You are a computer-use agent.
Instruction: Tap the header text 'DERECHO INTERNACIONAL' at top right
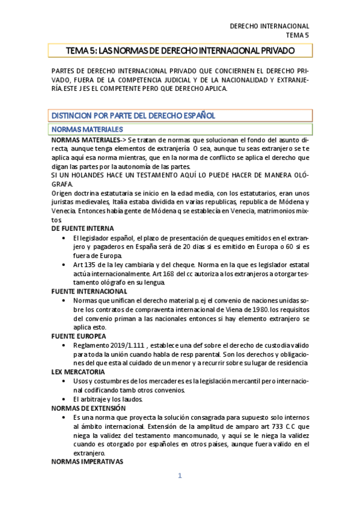click(269, 26)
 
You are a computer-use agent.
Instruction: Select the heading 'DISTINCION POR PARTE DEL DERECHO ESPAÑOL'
click(133, 115)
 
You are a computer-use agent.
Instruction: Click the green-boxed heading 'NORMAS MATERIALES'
click(87, 129)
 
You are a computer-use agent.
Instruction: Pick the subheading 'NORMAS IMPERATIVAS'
click(87, 462)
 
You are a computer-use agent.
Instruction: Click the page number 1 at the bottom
click(180, 476)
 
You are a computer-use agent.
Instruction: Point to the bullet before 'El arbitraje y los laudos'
click(64, 399)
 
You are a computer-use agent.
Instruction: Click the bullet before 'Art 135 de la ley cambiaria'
click(64, 265)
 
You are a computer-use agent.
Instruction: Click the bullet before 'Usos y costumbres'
click(64, 381)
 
